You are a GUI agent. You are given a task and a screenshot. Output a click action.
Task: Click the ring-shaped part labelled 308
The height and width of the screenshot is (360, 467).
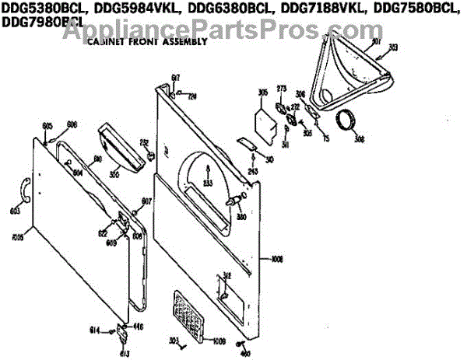coord(347,122)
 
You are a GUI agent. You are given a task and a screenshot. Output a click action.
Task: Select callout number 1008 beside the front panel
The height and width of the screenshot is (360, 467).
coord(279,260)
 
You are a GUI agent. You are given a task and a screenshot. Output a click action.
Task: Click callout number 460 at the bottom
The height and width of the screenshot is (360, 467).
coord(246,355)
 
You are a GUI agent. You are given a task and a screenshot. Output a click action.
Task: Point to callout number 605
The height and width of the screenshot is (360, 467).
coord(47,126)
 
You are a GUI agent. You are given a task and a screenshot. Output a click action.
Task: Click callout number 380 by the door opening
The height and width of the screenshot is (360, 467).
coord(242,217)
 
